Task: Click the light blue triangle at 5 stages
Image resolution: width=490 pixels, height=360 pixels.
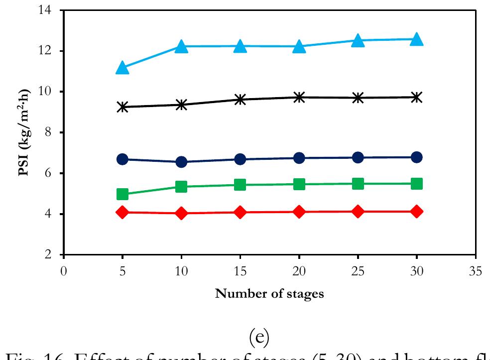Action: pos(122,68)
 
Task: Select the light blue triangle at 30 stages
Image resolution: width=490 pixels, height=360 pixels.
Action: pos(417,39)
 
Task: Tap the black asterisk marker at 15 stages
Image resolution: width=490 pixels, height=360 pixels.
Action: pos(240,100)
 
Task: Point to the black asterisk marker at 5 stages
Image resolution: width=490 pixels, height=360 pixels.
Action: pos(122,107)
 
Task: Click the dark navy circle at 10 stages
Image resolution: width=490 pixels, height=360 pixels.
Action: pos(181,162)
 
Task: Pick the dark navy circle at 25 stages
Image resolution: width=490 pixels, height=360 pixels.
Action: pos(358,158)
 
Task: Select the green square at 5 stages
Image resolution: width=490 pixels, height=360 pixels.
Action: pos(122,194)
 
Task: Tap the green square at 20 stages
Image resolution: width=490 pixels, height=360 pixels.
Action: pos(299,184)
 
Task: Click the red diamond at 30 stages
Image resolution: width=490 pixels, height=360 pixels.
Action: pos(417,212)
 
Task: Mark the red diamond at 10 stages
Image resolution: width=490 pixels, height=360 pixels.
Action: pos(181,213)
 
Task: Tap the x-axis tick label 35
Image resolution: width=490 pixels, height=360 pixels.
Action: pos(476,270)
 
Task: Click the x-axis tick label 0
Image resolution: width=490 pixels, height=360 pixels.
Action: pos(64,270)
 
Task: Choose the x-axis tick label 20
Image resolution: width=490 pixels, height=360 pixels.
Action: pos(299,270)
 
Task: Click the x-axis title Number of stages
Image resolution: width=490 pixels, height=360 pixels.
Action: pos(269,294)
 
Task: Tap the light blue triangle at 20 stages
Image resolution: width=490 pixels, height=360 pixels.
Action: pos(299,47)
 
